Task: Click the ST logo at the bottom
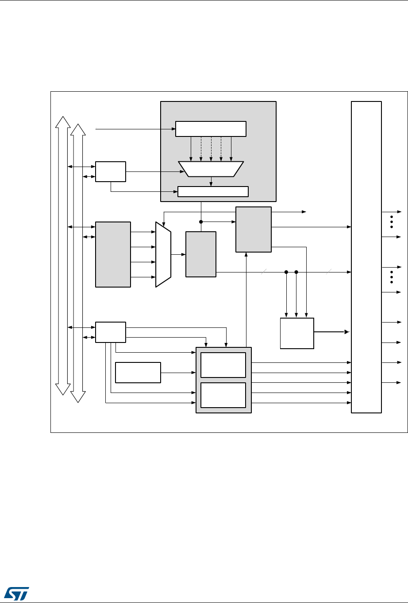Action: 16,592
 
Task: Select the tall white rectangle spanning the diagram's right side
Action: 366,257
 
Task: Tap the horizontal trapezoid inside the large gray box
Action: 211,169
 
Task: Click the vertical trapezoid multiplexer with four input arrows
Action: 163,254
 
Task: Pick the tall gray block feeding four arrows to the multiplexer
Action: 113,254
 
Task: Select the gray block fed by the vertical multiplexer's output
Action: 201,254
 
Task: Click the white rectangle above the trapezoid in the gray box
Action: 211,128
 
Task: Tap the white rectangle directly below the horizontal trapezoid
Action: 213,191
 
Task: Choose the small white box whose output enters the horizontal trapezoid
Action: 111,171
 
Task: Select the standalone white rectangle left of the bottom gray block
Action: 138,372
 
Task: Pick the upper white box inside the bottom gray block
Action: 223,365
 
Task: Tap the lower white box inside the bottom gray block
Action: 223,395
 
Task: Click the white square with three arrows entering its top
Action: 297,333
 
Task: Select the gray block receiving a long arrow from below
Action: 254,229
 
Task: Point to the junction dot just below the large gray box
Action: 201,222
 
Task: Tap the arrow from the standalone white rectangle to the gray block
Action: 178,372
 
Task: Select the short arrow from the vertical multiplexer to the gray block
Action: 178,254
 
